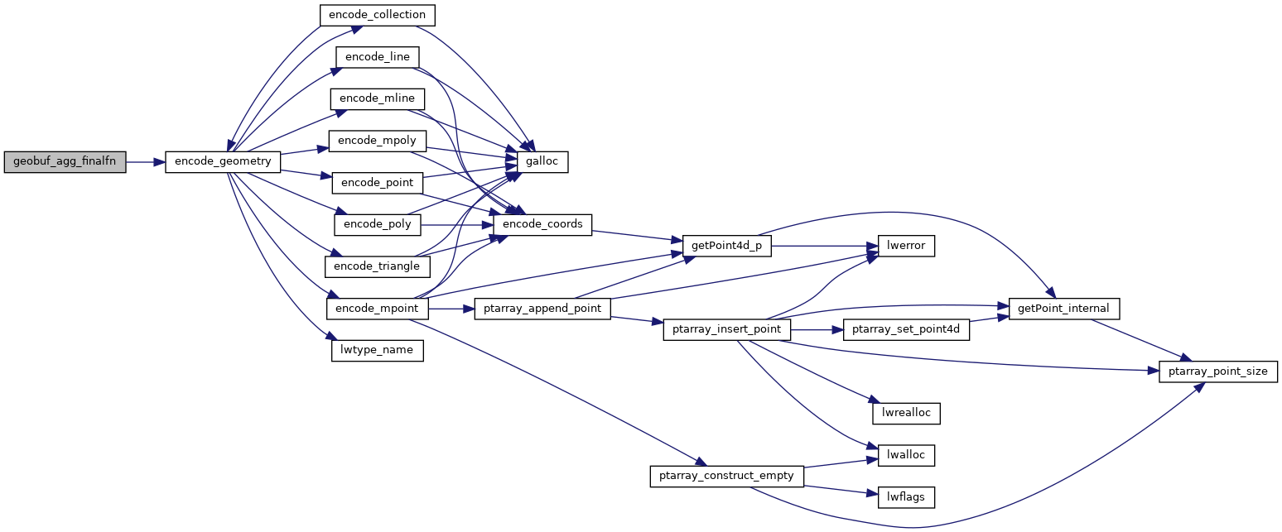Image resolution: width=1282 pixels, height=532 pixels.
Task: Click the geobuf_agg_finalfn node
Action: click(65, 162)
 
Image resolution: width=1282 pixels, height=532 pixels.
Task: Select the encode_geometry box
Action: click(224, 162)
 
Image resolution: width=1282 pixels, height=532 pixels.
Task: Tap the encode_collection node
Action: click(377, 15)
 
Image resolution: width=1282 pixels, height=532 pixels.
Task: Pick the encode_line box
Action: click(377, 57)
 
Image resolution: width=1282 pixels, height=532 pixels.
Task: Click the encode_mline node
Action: click(378, 99)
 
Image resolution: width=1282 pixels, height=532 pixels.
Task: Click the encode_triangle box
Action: click(378, 266)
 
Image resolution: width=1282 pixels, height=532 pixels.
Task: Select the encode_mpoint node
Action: click(378, 309)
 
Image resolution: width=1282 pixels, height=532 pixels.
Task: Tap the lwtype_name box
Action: click(378, 351)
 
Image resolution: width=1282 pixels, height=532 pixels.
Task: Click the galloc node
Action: click(543, 162)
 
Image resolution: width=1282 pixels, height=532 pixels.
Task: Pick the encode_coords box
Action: click(542, 224)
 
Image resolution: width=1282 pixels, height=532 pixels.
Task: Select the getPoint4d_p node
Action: click(726, 246)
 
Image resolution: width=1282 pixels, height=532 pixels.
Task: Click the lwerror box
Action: click(901, 246)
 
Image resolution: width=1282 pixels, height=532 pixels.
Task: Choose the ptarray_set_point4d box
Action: click(905, 329)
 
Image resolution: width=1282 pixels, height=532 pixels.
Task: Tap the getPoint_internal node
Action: click(1064, 309)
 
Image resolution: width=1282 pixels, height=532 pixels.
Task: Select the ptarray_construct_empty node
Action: click(725, 476)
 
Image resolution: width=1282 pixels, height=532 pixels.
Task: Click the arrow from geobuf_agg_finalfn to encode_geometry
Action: click(145, 162)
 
